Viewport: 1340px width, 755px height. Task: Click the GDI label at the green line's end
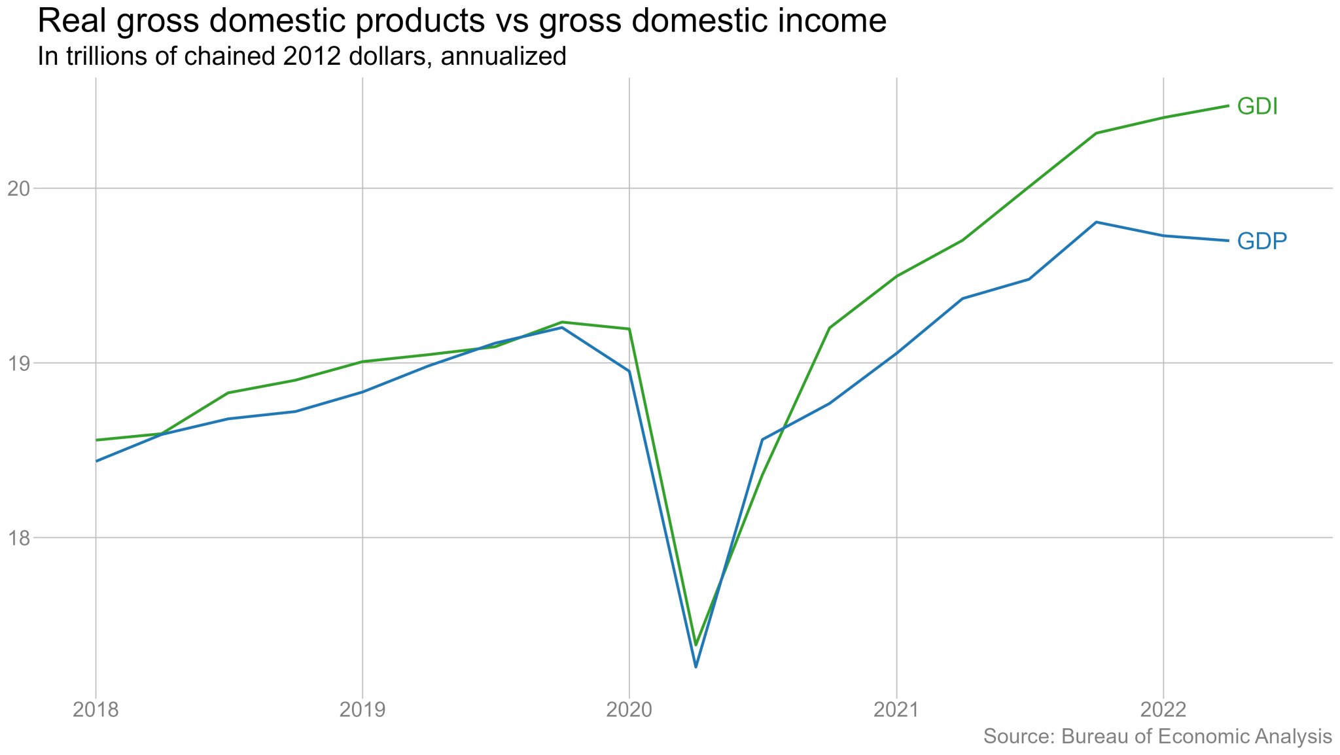1257,107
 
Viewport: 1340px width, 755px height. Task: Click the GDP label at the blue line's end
1261,241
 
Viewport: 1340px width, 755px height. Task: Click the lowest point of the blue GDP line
696,667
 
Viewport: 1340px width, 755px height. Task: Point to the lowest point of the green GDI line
696,644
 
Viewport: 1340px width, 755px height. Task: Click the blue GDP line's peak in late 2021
1096,222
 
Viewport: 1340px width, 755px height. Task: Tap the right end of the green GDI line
1228,106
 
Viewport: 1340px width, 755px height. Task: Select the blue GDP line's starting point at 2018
97,461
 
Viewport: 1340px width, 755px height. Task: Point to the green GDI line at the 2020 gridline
629,329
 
